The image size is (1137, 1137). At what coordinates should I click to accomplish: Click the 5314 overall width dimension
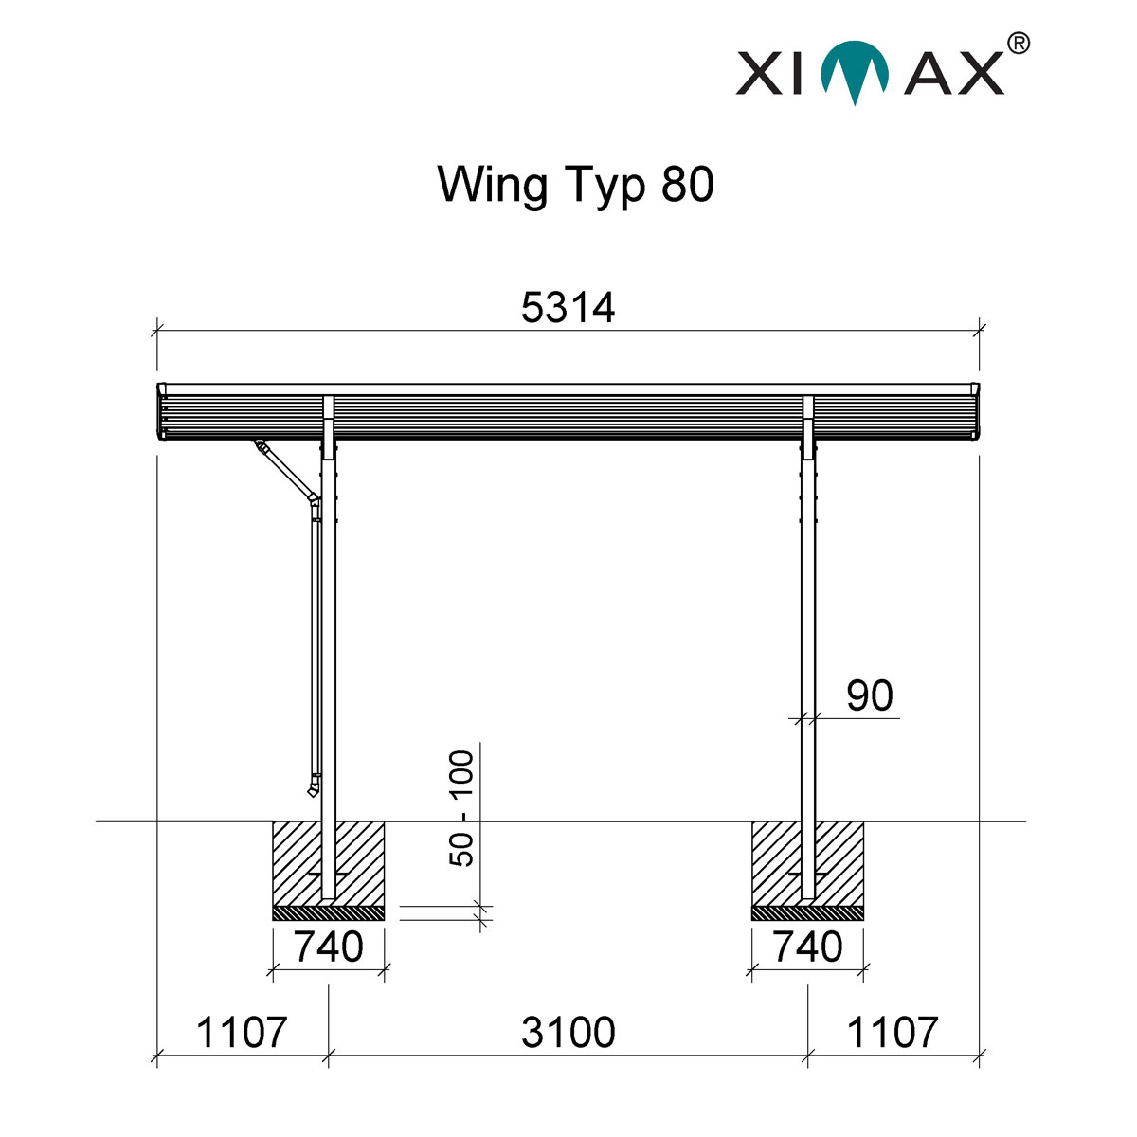click(568, 308)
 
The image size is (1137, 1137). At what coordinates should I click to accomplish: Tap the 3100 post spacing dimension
click(568, 1032)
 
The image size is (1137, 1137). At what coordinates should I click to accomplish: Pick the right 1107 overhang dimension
click(892, 1032)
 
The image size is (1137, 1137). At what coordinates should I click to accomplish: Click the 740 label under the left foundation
click(328, 947)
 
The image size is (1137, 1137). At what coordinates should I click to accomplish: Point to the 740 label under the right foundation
click(807, 947)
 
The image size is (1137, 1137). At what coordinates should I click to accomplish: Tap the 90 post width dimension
click(869, 696)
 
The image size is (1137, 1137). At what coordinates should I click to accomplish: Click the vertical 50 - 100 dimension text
click(461, 807)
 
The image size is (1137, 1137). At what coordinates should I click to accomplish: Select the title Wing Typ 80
click(575, 185)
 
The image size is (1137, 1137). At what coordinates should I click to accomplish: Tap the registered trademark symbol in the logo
click(1016, 43)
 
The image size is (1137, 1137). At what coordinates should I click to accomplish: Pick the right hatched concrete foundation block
click(839, 862)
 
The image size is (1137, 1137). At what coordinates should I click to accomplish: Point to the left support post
click(329, 663)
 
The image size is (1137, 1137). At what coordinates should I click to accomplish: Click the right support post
click(808, 616)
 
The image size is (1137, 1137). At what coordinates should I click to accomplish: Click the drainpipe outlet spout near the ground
click(313, 785)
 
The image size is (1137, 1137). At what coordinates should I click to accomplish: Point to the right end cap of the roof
click(976, 412)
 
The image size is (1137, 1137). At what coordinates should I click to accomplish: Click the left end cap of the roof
click(162, 412)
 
